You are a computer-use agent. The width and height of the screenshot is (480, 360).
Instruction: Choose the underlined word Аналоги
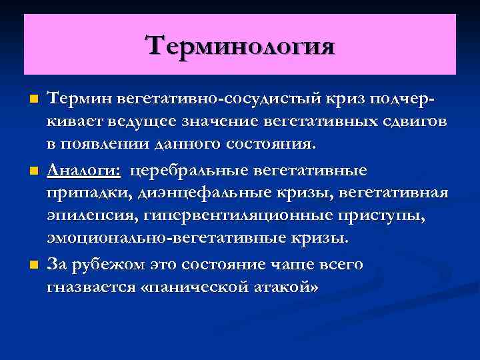(x=83, y=171)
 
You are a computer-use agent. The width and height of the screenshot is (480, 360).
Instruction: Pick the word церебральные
(x=187, y=171)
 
